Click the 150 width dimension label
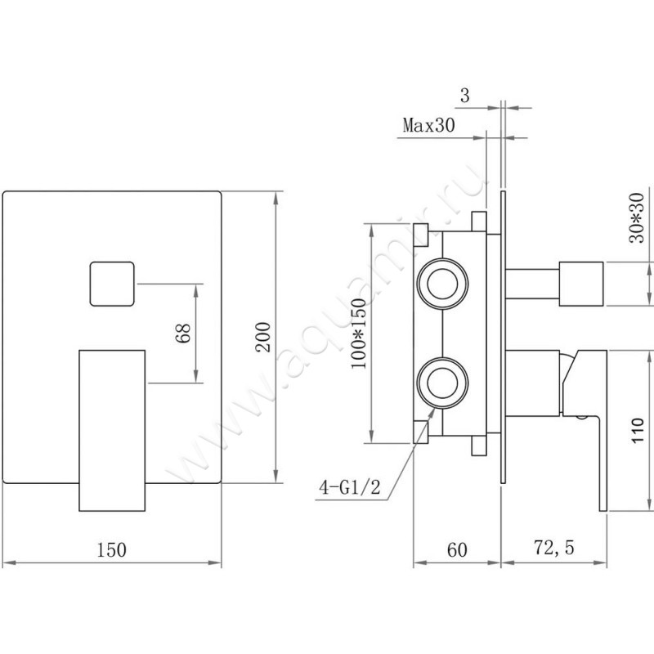[111, 549]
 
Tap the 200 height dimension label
[263, 337]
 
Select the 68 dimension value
[183, 333]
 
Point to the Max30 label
[428, 125]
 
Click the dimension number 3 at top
[464, 96]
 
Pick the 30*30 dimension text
[637, 217]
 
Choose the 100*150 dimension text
[359, 334]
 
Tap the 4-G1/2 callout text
[350, 486]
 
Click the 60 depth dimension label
[457, 549]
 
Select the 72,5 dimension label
[554, 548]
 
